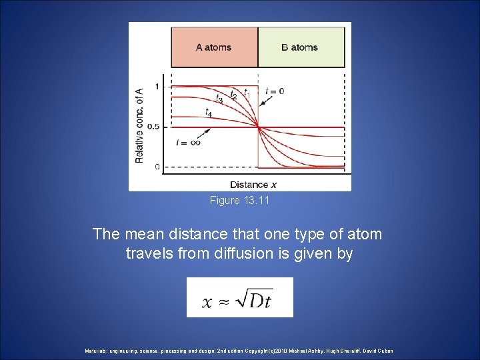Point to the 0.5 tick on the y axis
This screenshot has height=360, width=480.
click(153, 127)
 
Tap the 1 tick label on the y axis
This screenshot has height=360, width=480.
click(157, 87)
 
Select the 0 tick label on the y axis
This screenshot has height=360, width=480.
click(157, 167)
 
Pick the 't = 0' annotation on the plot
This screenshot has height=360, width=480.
click(275, 91)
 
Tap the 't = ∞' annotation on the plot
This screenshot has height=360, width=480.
click(188, 142)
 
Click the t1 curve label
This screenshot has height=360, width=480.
click(247, 92)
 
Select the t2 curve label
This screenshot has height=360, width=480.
click(233, 95)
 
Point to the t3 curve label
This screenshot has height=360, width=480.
click(219, 100)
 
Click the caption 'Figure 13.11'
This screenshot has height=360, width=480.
click(239, 200)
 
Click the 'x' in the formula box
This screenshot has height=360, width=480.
click(207, 302)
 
